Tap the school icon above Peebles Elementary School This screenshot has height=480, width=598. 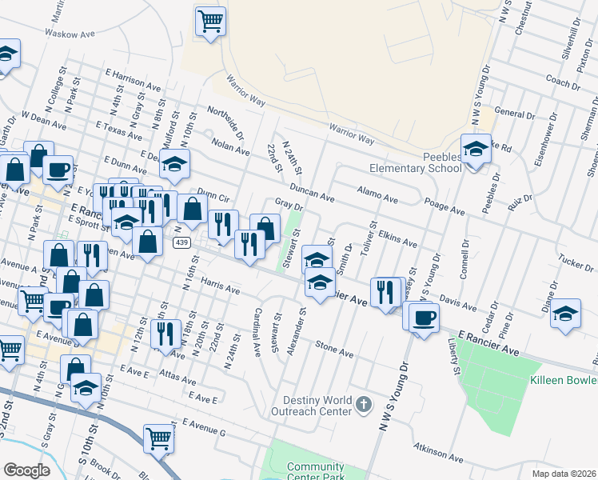coord(476,149)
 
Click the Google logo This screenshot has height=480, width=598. coord(26,470)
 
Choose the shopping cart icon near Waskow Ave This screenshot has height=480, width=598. coord(211,21)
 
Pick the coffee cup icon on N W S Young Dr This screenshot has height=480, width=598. coord(424,318)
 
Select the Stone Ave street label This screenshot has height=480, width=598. coord(334,349)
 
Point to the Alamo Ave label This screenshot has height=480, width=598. coord(377,197)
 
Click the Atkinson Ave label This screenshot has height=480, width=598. coord(438,453)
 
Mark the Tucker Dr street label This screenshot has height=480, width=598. coord(576,262)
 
